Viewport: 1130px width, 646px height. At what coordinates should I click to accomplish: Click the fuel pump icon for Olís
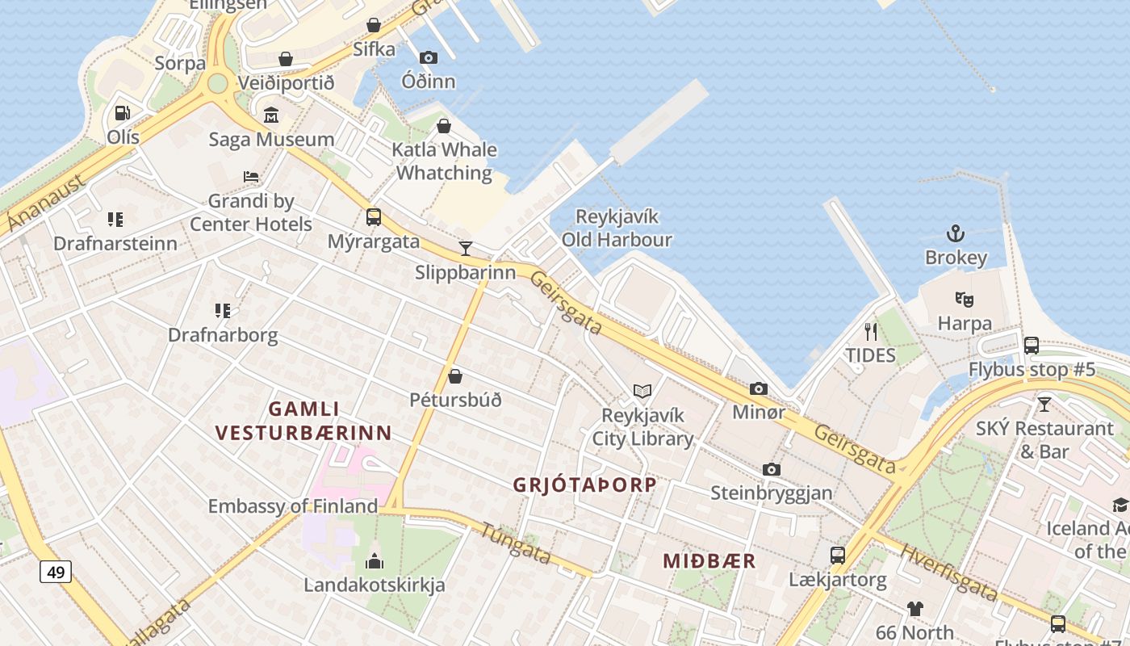pos(123,113)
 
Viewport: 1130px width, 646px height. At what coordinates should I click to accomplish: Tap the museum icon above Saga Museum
pos(271,115)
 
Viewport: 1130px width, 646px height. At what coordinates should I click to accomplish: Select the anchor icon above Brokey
pos(956,234)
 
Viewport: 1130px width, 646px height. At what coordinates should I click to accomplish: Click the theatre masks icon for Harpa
pos(964,300)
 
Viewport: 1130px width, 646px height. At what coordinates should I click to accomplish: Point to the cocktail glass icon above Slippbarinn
pos(465,248)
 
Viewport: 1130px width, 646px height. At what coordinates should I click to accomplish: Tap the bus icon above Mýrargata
pos(374,217)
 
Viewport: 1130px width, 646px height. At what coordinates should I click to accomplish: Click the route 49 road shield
pos(56,572)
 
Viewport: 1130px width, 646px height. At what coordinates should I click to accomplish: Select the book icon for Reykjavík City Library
pos(642,392)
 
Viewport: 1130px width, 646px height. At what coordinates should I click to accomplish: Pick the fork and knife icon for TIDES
pos(870,331)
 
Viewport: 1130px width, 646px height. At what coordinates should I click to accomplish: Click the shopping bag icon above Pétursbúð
pos(455,376)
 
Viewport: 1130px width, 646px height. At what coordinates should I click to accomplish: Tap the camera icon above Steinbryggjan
pos(772,469)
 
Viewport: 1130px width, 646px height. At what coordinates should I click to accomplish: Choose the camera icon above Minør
pos(759,389)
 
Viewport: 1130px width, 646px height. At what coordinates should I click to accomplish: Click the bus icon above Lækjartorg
pos(838,556)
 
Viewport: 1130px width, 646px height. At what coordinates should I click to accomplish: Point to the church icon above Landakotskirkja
pos(375,560)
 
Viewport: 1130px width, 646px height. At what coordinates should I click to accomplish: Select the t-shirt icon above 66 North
pos(914,608)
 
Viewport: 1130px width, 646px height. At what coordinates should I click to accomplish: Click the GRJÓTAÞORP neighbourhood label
pos(584,485)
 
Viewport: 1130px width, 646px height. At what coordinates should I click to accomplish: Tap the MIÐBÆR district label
pos(709,561)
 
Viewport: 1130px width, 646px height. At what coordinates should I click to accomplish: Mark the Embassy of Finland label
pos(292,506)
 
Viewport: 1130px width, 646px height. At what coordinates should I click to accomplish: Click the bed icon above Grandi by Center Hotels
pos(251,177)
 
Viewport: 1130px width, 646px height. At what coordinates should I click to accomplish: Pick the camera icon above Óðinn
pos(429,57)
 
